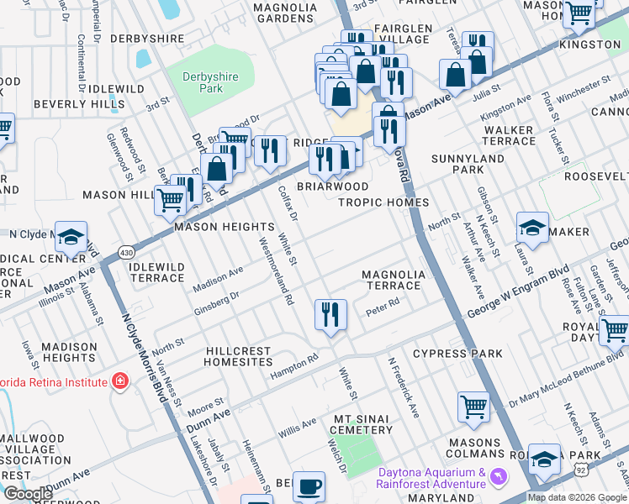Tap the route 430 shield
(x=126, y=252)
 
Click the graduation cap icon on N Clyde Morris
(x=71, y=238)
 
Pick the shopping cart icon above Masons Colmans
(x=473, y=407)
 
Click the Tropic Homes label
(x=383, y=202)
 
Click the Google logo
(x=28, y=494)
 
